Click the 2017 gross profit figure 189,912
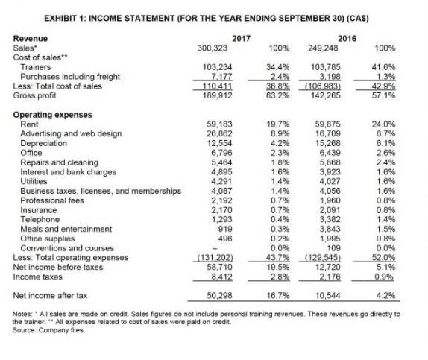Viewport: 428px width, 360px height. pyautogui.click(x=218, y=95)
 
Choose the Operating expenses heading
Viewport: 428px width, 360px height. pyautogui.click(x=52, y=114)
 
